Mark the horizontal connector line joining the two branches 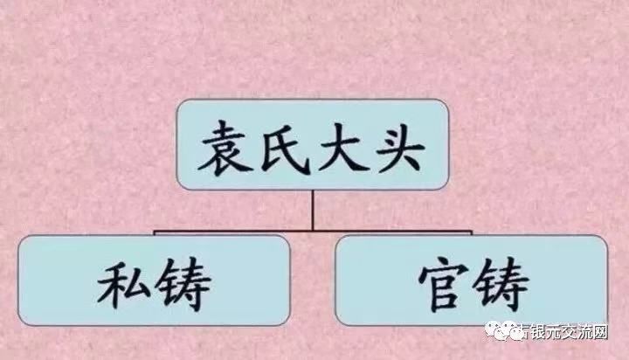[236, 232]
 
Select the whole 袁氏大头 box [313, 146]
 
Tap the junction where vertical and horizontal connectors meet [312, 232]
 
